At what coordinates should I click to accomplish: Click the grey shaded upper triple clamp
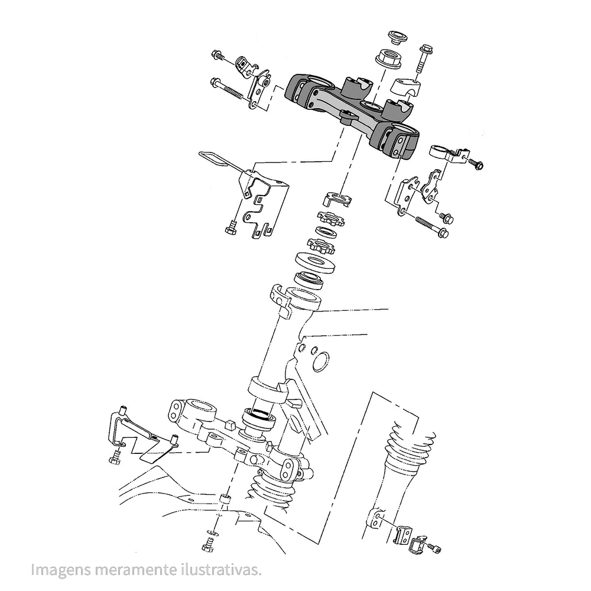[x=349, y=109]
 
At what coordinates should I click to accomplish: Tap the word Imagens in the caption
[x=58, y=570]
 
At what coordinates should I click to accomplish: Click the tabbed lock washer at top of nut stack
[x=338, y=199]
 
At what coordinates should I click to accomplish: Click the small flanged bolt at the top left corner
[x=219, y=56]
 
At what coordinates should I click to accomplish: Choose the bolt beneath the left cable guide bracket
[x=231, y=227]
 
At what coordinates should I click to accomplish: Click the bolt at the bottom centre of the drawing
[x=208, y=545]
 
